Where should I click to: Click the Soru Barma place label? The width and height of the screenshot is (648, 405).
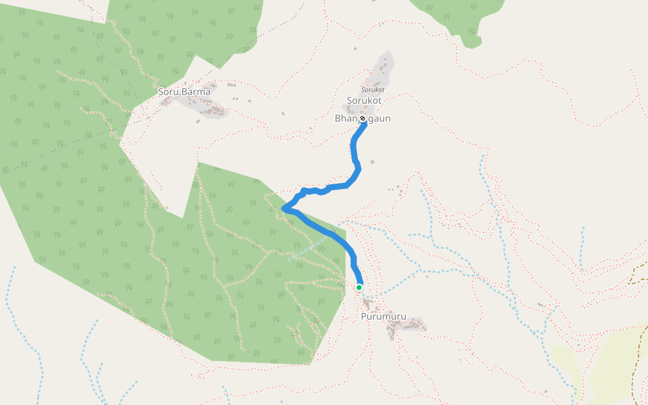(184, 91)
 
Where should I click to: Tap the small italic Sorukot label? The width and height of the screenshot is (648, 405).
(373, 89)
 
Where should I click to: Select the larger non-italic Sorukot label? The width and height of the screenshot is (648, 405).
(364, 101)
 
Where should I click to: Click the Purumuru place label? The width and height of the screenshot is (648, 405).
(383, 316)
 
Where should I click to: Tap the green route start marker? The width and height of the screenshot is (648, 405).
(359, 288)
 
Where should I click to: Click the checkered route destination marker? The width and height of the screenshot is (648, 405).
(363, 119)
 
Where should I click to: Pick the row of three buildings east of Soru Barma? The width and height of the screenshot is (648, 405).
(231, 85)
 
